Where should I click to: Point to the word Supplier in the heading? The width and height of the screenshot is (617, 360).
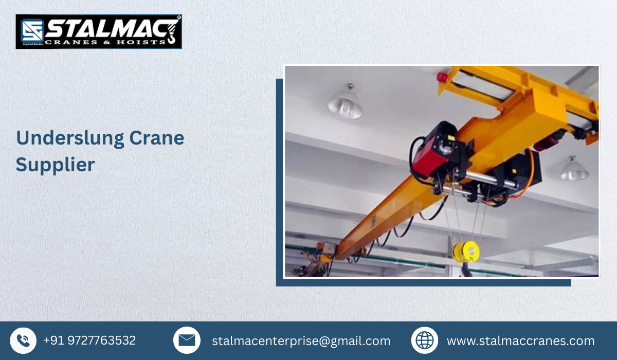tap(55, 165)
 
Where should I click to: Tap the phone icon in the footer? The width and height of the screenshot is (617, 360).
tap(23, 340)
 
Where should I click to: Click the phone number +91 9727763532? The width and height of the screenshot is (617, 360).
tap(89, 340)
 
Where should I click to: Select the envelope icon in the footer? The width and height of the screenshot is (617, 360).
tap(187, 340)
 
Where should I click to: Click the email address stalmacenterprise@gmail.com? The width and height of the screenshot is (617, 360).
tap(301, 341)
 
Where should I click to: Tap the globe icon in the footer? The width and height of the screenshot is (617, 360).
tap(424, 340)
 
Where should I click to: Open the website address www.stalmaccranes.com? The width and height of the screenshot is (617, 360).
tap(520, 341)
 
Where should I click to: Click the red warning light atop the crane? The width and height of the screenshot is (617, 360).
tap(442, 77)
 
